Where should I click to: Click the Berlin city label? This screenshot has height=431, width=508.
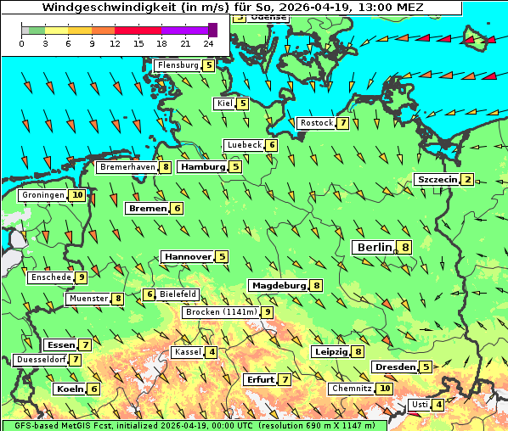(x=373, y=247)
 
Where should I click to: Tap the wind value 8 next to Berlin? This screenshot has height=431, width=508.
(x=405, y=247)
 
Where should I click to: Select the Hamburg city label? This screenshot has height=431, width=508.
(x=203, y=167)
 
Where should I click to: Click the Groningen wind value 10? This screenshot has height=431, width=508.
(x=77, y=195)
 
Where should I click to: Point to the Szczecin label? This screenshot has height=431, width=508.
(x=437, y=179)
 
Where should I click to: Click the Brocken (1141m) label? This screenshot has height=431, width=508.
(x=221, y=312)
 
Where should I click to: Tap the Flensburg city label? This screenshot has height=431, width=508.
(x=178, y=64)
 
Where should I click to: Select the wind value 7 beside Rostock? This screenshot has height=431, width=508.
(x=342, y=123)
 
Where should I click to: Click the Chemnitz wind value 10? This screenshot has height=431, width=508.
(x=385, y=388)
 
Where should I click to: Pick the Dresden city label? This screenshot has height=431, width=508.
(x=395, y=367)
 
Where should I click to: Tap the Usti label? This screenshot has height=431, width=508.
(x=419, y=405)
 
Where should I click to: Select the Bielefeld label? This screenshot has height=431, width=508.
(x=178, y=294)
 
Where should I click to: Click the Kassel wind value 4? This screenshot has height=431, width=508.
(x=211, y=352)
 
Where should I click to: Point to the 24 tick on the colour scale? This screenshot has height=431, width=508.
(x=208, y=42)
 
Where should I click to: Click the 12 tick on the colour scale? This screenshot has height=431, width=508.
(x=115, y=42)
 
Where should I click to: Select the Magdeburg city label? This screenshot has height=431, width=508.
(x=279, y=285)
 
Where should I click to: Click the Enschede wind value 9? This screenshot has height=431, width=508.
(x=81, y=277)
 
